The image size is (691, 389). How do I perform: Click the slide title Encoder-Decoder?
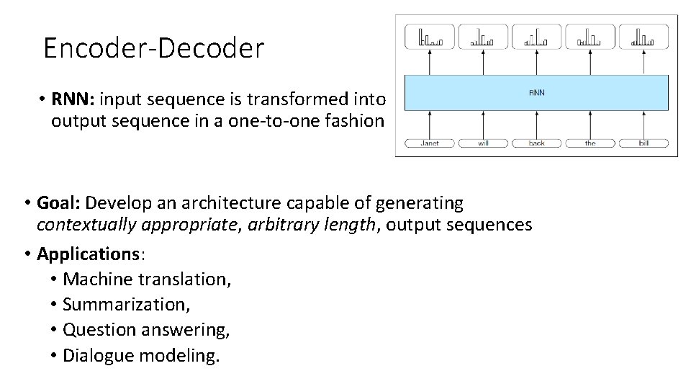pyautogui.click(x=154, y=48)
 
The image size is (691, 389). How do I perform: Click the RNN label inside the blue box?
pyautogui.click(x=537, y=93)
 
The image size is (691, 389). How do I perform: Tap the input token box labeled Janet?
pyautogui.click(x=430, y=143)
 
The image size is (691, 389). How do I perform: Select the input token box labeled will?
pyautogui.click(x=483, y=143)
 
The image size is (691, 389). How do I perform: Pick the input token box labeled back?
pyautogui.click(x=537, y=143)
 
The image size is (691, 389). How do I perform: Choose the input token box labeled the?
pyautogui.click(x=590, y=143)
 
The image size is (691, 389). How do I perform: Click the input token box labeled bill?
pyautogui.click(x=643, y=143)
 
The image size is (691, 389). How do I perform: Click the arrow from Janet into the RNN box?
pyautogui.click(x=430, y=124)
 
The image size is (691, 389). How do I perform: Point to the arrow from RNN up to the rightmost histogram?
pyautogui.click(x=643, y=62)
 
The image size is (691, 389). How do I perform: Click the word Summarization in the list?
pyautogui.click(x=127, y=304)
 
